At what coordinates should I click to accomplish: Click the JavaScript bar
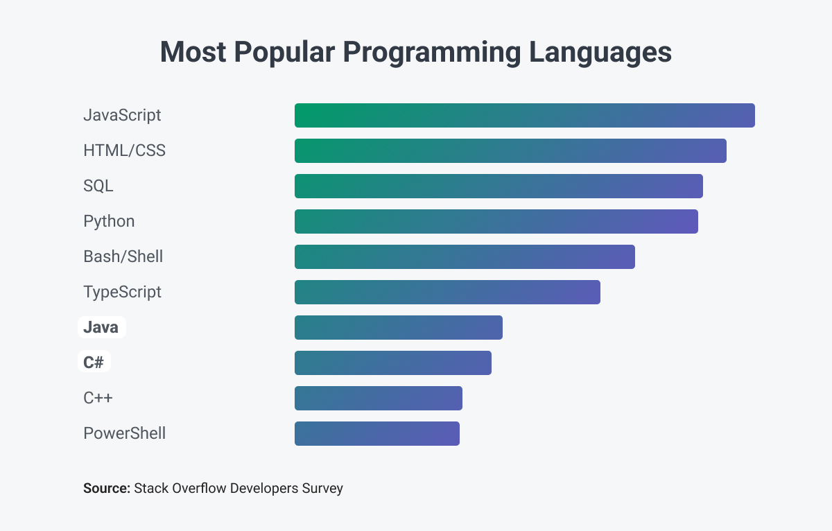(524, 115)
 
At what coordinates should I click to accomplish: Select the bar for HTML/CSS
(510, 150)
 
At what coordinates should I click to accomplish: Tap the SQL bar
(499, 186)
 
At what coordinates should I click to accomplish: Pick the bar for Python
(496, 221)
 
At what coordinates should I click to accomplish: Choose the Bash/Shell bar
(465, 256)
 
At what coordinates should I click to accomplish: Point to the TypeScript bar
(447, 292)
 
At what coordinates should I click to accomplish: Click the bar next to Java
(398, 327)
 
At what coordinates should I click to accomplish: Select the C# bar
(392, 363)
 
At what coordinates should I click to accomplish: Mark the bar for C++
(378, 398)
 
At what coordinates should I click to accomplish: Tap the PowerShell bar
(376, 433)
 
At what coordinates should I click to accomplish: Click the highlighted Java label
(101, 327)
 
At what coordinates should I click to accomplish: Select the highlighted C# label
(94, 363)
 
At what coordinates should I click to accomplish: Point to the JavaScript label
(122, 115)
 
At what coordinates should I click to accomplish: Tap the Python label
(109, 221)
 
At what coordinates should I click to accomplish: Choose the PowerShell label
(124, 434)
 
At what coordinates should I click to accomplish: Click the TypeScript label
(122, 292)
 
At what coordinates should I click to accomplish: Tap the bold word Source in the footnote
(106, 488)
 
